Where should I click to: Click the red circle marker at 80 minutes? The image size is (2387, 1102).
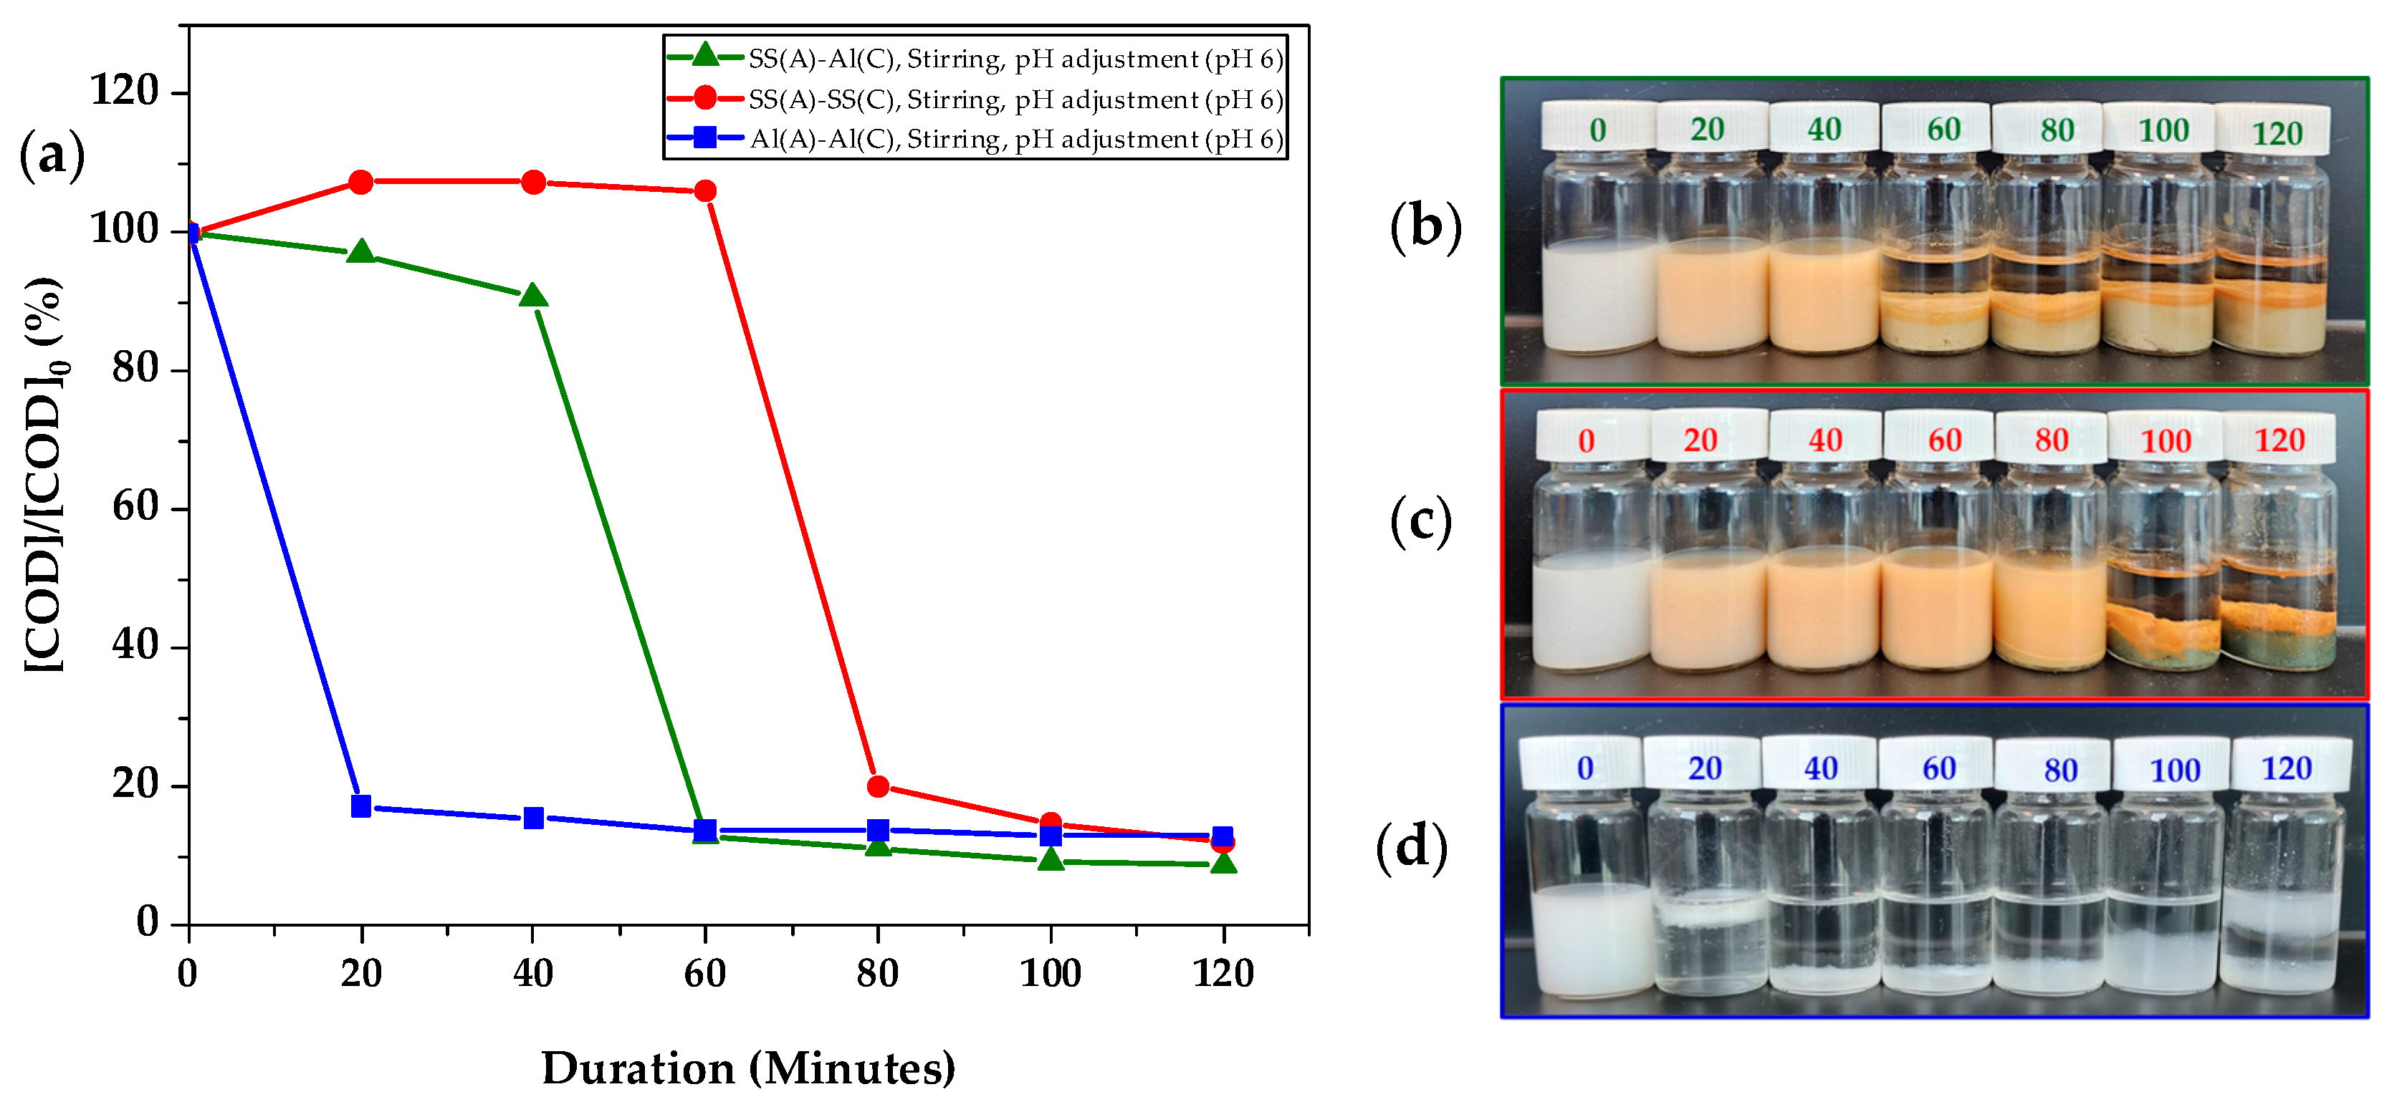[878, 786]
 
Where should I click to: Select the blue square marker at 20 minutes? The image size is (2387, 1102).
[361, 806]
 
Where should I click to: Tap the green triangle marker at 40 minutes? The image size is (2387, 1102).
[533, 297]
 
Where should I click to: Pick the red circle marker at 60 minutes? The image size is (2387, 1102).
[705, 190]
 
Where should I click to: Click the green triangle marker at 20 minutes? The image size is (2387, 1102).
[361, 252]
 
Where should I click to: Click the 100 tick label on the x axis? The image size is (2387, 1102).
[1050, 973]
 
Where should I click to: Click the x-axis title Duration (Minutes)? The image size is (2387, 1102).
[748, 1068]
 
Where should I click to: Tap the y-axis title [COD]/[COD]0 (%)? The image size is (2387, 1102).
[44, 474]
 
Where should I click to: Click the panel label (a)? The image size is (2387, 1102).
[52, 155]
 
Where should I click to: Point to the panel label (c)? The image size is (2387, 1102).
[1420, 521]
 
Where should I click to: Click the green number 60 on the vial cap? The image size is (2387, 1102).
[1943, 129]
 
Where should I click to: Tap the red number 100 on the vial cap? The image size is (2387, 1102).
[2166, 441]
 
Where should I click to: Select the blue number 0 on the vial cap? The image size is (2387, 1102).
[1584, 768]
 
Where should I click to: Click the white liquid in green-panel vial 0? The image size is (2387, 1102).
[1599, 296]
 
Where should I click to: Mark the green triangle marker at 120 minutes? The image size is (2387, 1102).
[1223, 863]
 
